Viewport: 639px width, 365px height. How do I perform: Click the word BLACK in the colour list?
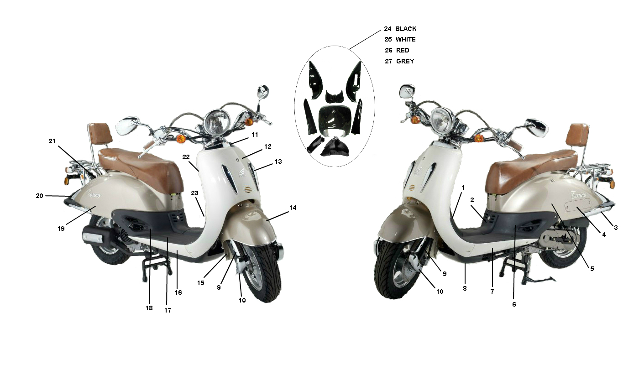click(406, 29)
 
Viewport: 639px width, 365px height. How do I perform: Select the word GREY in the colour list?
click(405, 61)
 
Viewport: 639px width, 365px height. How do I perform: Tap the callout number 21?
click(52, 141)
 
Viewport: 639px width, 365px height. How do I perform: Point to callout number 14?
click(293, 208)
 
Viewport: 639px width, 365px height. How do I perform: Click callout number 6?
click(514, 305)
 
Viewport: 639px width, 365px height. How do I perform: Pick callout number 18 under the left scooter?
click(149, 308)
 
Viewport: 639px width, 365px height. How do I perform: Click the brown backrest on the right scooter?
click(579, 135)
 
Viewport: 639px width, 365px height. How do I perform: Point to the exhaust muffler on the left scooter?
click(97, 236)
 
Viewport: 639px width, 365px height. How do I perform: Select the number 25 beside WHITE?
click(388, 40)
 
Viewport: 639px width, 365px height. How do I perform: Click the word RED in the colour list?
click(403, 51)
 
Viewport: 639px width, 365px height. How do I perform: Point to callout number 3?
click(616, 228)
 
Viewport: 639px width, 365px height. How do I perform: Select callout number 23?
click(194, 193)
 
